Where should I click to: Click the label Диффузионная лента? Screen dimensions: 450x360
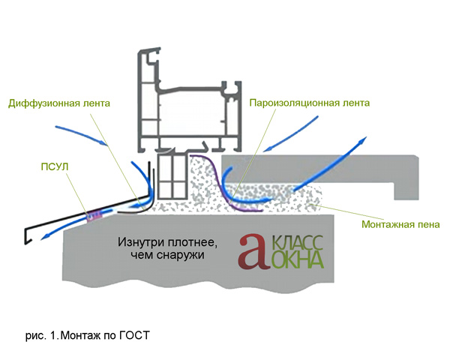coord(59,103)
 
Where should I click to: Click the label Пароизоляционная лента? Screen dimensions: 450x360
coord(309,103)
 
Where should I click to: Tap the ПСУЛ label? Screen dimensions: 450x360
coord(55,166)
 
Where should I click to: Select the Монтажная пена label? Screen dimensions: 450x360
coord(400,224)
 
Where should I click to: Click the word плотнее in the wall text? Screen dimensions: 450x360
coord(191,242)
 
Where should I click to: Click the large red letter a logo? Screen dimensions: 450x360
coord(253,251)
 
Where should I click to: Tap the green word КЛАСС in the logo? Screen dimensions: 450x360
coord(297,242)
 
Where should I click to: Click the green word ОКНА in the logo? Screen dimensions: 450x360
coord(297,260)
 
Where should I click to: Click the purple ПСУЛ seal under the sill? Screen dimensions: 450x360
coord(94,215)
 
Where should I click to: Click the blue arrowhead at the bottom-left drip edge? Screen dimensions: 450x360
coord(44,237)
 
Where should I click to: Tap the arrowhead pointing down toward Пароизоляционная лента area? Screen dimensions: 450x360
coord(267,149)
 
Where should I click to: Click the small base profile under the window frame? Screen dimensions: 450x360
coord(172,177)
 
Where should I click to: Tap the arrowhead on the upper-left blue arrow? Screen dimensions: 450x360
coord(104,142)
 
